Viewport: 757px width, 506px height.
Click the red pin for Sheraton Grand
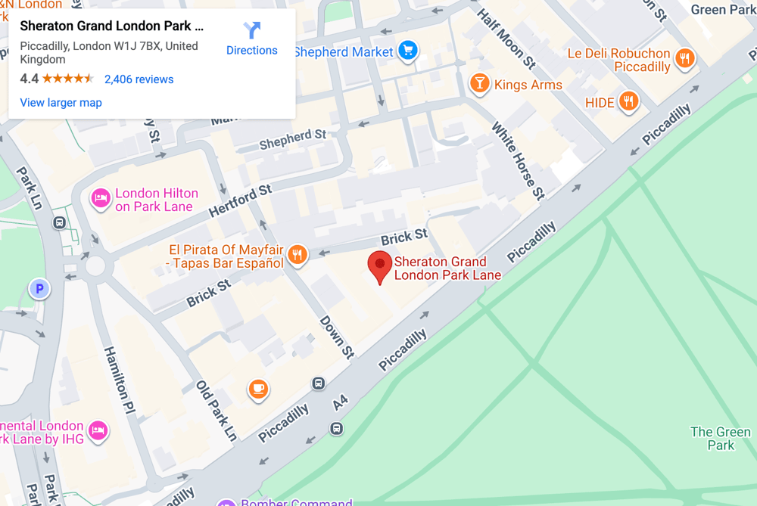pos(379,267)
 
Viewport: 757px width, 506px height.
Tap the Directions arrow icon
pos(251,31)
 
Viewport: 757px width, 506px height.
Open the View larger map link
pos(61,103)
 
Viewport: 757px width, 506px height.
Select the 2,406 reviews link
pos(139,79)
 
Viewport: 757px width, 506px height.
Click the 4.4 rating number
pos(29,79)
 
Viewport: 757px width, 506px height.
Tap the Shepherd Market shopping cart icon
pos(409,51)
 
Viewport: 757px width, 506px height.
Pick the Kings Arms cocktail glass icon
pos(478,83)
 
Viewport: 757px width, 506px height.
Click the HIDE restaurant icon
pos(628,101)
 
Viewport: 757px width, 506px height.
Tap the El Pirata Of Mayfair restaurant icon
pos(298,255)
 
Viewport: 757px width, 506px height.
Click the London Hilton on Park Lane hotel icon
pos(100,199)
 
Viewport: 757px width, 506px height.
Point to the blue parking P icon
pos(39,288)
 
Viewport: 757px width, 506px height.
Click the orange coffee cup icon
pos(258,389)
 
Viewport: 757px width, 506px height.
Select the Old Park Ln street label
pos(217,410)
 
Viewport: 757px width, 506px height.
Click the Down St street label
pos(336,337)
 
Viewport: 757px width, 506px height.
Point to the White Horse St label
pos(519,160)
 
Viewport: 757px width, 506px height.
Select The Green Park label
pos(720,439)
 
